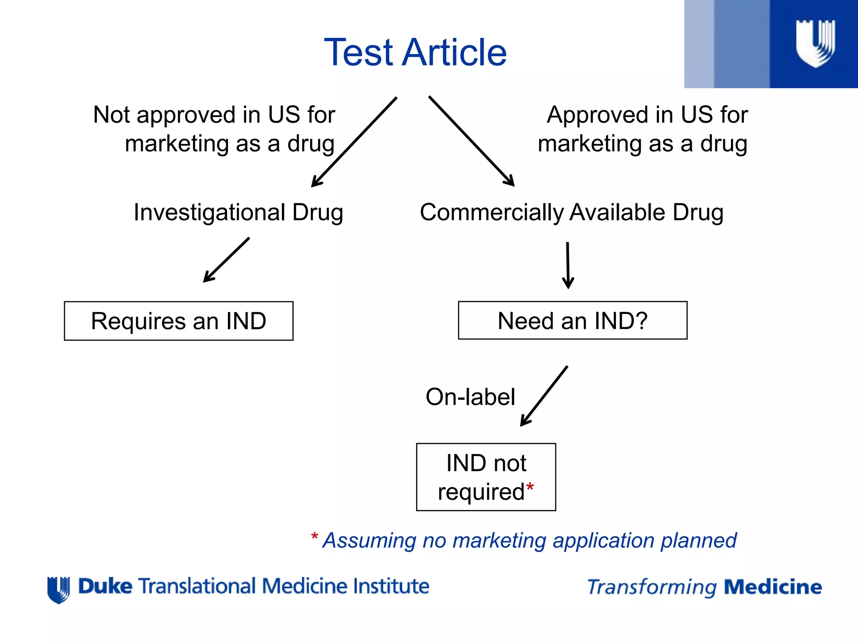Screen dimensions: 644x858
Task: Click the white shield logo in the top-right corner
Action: click(815, 43)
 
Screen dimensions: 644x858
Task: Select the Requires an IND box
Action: click(178, 321)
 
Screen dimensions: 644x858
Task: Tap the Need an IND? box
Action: click(572, 321)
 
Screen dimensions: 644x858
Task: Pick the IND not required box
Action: click(486, 477)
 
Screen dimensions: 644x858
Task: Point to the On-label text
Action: click(470, 397)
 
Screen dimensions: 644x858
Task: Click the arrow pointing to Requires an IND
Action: click(226, 260)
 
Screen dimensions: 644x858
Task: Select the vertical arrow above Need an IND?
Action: click(568, 265)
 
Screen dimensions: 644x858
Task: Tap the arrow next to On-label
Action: click(544, 396)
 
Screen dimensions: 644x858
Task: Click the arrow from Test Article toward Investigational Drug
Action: click(354, 142)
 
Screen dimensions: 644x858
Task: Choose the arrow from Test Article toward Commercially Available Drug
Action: click(471, 141)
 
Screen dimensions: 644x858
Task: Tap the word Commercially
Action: click(492, 212)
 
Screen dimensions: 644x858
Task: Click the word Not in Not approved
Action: click(111, 115)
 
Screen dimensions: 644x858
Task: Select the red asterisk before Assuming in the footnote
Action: click(315, 537)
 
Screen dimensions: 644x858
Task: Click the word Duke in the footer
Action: click(105, 586)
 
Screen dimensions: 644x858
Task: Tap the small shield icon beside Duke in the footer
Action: click(59, 589)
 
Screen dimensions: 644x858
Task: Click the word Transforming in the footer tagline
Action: click(652, 587)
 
